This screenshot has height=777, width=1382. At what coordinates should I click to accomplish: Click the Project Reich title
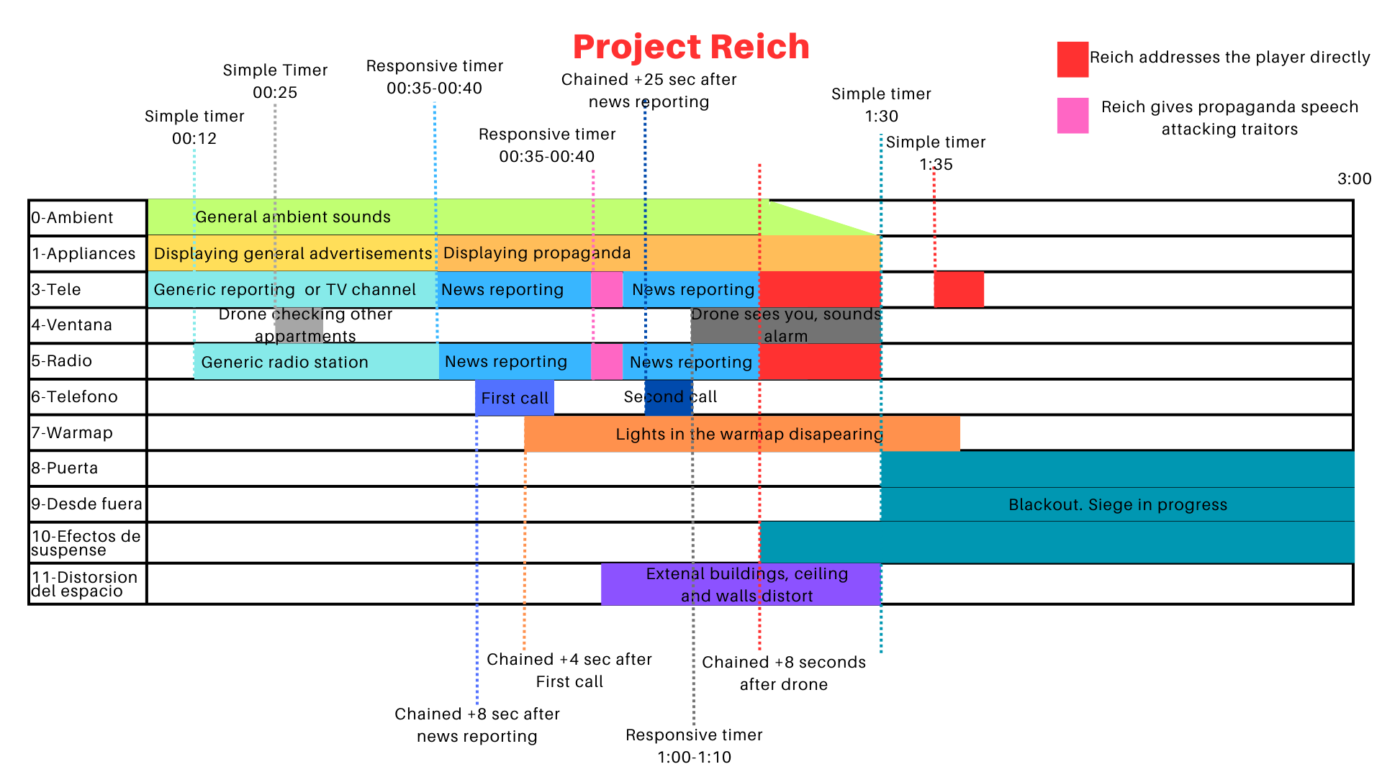[691, 47]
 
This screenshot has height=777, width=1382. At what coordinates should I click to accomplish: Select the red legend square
[1072, 59]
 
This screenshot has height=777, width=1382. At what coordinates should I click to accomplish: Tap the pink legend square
[1072, 116]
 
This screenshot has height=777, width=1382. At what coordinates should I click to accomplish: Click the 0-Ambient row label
[72, 218]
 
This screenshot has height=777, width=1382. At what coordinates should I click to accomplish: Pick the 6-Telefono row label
[74, 397]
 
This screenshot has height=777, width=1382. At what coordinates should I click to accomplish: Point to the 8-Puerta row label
[65, 468]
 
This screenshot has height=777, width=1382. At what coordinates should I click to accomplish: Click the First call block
[514, 398]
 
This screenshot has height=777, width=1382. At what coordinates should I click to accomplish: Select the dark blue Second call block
[668, 398]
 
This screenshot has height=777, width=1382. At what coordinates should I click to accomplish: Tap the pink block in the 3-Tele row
[607, 290]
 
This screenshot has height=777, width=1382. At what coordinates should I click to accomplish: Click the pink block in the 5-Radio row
[607, 362]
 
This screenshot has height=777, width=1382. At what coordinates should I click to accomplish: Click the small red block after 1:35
[958, 290]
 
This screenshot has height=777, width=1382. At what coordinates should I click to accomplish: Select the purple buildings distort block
[741, 584]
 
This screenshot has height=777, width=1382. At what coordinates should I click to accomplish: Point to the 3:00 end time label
[1354, 179]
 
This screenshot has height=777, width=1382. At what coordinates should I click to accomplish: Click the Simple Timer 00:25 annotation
[275, 81]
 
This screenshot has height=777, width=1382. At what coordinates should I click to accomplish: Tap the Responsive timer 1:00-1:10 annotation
[694, 746]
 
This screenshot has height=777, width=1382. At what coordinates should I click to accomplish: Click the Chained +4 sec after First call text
[569, 671]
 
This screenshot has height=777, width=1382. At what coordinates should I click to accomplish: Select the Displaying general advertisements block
[292, 254]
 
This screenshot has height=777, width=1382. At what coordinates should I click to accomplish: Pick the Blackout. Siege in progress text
[1117, 505]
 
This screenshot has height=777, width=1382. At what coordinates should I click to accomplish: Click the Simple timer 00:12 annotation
[194, 127]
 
